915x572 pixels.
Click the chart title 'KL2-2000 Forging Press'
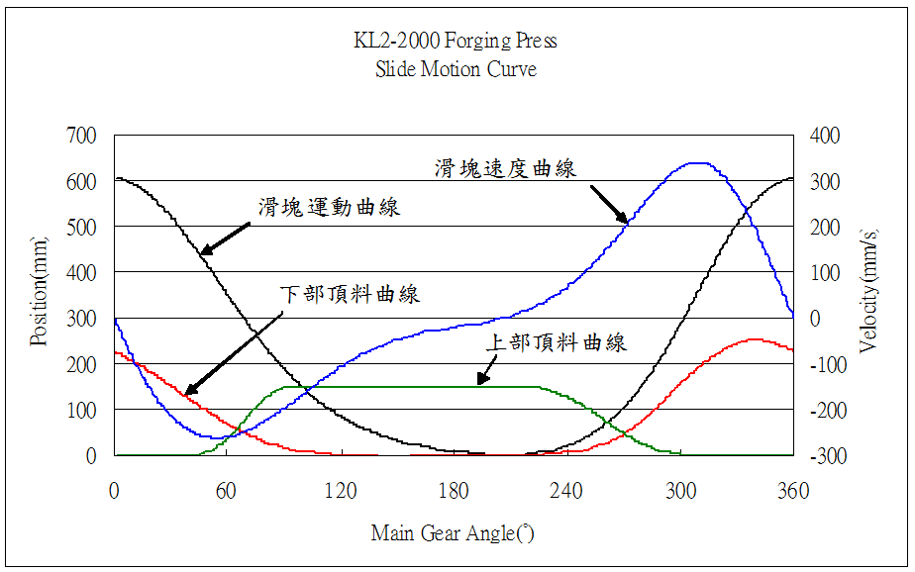click(456, 42)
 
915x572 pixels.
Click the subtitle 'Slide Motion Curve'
click(456, 69)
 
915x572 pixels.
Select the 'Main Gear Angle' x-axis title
click(453, 533)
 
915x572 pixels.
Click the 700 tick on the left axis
click(82, 136)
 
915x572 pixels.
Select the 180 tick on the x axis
click(454, 490)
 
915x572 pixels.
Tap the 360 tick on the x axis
click(793, 490)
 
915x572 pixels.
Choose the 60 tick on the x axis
click(228, 490)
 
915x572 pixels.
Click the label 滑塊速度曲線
click(505, 168)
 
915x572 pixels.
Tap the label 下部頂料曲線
click(351, 294)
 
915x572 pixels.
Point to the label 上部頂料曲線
click(556, 343)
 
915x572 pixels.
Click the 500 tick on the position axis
click(82, 227)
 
